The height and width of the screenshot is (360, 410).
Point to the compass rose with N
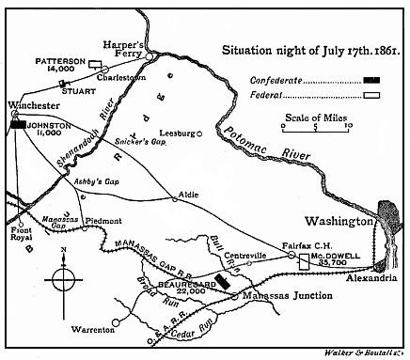tap(62, 279)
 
